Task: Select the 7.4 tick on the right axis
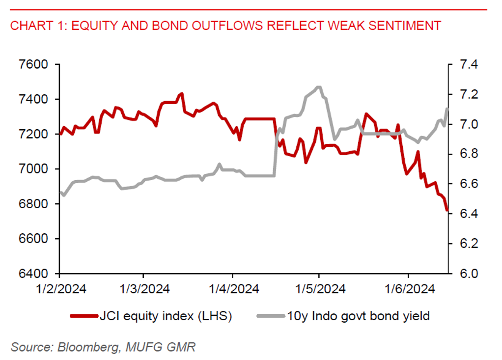coord(470,64)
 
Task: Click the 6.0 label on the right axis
coord(470,274)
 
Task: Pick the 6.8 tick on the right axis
coord(470,154)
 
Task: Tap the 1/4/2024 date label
coord(232,288)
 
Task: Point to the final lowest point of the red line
coord(447,210)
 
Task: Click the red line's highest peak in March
coord(182,93)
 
